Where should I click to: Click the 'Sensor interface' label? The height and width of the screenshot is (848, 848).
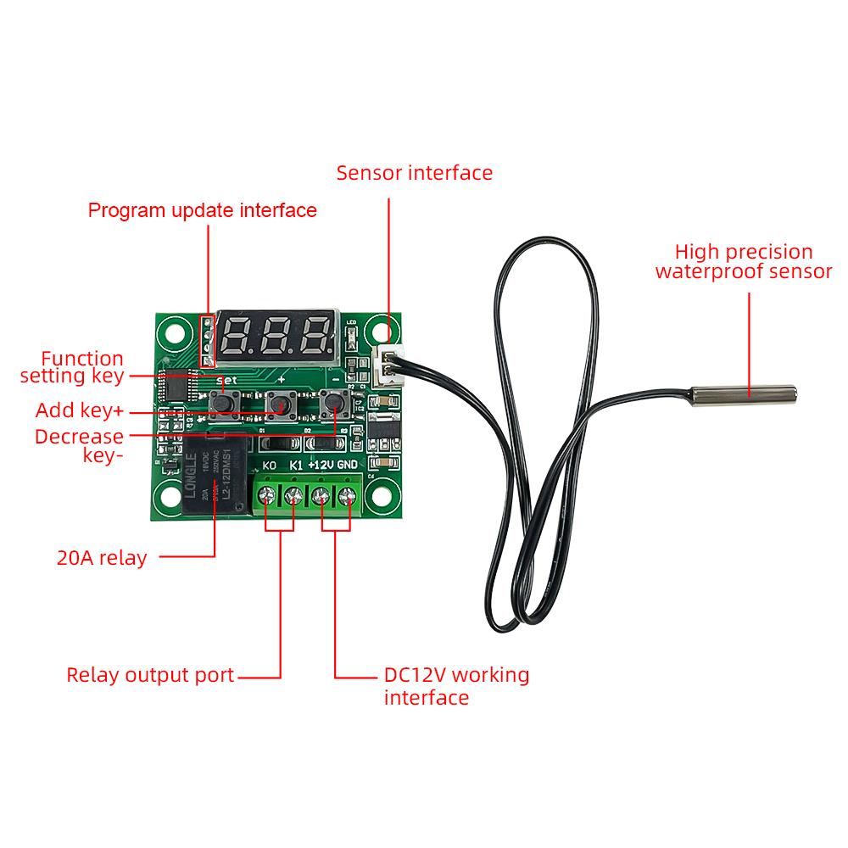point(414,173)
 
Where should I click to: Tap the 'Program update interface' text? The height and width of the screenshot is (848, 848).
point(203,210)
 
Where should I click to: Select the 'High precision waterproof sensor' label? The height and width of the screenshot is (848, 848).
point(744,262)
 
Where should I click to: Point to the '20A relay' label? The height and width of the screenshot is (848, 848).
point(102,558)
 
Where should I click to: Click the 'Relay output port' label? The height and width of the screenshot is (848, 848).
point(150,676)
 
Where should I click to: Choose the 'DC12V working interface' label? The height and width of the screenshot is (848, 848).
point(456,686)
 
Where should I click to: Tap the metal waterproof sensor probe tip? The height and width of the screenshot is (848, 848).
point(744,394)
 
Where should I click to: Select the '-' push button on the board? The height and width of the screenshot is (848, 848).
point(333,405)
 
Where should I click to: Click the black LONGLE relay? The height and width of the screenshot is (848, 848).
point(212,477)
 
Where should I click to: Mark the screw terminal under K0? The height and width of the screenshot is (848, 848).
point(271,495)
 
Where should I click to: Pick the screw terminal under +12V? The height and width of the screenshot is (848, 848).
point(322,495)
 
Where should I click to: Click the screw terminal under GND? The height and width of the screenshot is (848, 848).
point(348,495)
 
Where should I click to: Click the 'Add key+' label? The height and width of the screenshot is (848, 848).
point(80,411)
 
